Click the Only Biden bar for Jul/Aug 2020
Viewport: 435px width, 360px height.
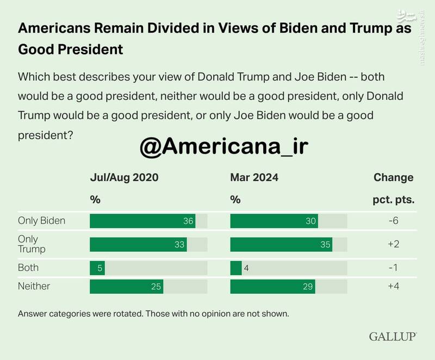[142, 221]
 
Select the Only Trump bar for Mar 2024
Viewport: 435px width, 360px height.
[281, 244]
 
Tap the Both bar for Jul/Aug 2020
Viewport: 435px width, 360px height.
[97, 268]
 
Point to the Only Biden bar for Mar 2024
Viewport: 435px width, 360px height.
[274, 221]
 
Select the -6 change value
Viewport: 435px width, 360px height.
[394, 221]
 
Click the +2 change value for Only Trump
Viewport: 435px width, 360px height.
[394, 244]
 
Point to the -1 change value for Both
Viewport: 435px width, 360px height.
[394, 268]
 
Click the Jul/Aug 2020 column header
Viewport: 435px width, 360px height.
[124, 177]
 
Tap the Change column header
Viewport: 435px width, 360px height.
[394, 177]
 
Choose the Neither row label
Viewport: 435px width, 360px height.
[34, 285]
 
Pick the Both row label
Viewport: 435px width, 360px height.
[28, 268]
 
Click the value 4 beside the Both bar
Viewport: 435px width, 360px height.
[247, 268]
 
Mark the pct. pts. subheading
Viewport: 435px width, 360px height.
[394, 199]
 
